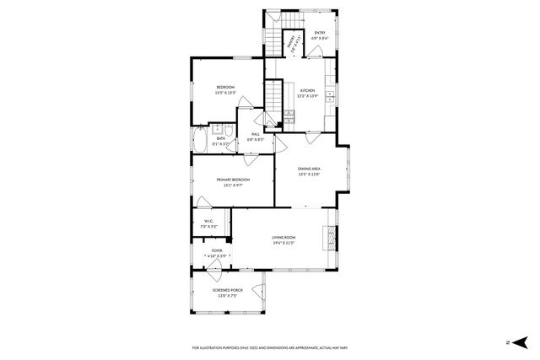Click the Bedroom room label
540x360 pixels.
[x=225, y=89]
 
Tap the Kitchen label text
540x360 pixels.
[x=307, y=92]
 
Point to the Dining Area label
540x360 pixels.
[x=310, y=172]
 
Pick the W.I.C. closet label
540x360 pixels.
[x=209, y=225]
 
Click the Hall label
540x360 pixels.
[x=255, y=137]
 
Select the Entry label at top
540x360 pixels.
[x=320, y=35]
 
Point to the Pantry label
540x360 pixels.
[x=291, y=42]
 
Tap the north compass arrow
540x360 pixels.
[x=521, y=341]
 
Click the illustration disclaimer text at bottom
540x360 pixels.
[x=269, y=347]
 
